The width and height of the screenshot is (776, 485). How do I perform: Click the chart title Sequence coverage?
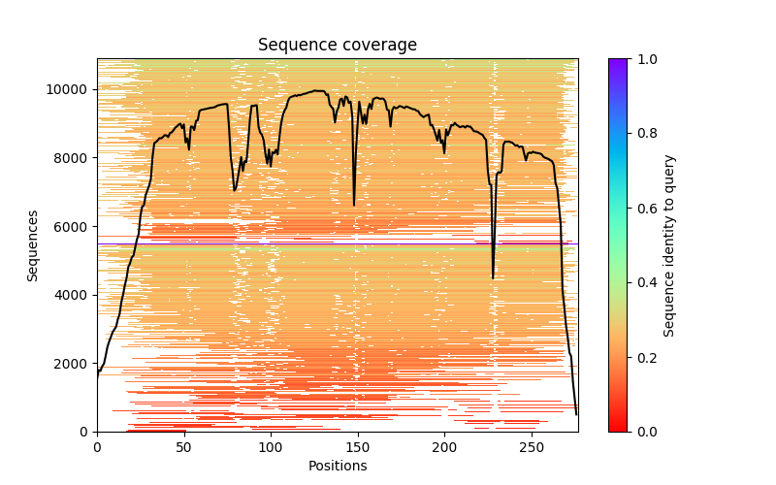click(337, 45)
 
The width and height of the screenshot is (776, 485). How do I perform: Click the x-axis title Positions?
click(337, 466)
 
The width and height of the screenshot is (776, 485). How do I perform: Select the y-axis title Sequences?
click(33, 245)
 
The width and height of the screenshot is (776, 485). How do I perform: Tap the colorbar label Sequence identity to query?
click(669, 245)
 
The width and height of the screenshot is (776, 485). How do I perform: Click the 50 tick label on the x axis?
click(183, 447)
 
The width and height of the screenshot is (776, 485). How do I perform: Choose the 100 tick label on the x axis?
click(271, 447)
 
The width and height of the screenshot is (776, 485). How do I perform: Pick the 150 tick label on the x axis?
click(357, 447)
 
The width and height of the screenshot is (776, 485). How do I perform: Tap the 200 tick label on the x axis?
click(444, 447)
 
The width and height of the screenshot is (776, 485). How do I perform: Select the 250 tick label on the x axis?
click(532, 447)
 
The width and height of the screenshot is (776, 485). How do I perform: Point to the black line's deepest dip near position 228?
click(493, 278)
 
